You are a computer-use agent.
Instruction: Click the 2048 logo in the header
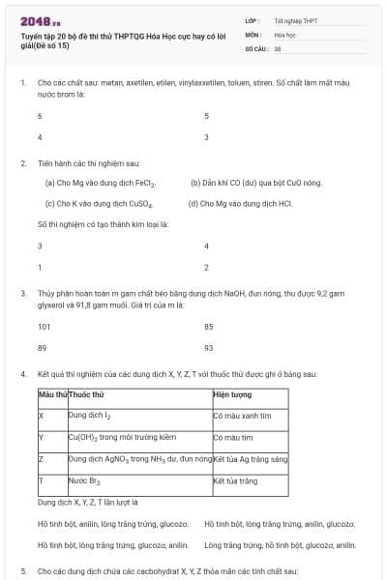[x=40, y=20]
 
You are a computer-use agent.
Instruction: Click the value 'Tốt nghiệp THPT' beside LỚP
[x=296, y=19]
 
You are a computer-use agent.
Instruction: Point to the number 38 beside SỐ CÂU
[x=278, y=46]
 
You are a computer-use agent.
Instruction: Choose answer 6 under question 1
[x=40, y=116]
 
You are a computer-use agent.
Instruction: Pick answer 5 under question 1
[x=206, y=116]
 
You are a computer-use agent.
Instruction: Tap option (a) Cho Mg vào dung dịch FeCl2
[x=101, y=183]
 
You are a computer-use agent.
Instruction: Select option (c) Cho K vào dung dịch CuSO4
[x=100, y=204]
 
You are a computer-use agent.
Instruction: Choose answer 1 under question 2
[x=40, y=267]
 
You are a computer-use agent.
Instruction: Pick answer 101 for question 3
[x=44, y=327]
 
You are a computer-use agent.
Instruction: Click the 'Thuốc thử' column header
[x=87, y=395]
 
